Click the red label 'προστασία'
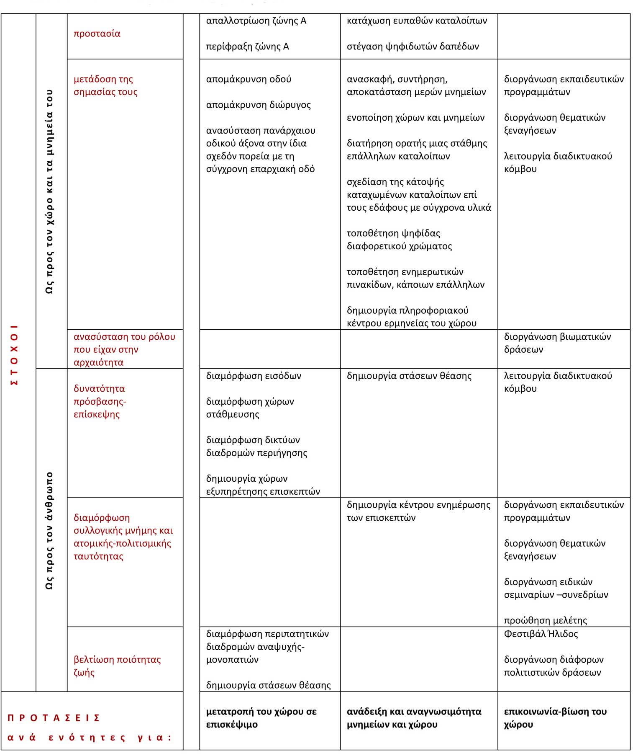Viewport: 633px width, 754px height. (x=97, y=34)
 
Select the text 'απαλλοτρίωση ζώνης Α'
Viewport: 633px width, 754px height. (x=256, y=21)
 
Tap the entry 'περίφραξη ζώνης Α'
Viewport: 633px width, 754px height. (x=247, y=46)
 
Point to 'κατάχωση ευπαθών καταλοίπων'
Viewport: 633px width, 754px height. (x=417, y=21)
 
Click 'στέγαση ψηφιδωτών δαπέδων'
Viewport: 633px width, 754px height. (x=413, y=46)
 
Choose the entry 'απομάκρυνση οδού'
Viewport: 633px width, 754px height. (x=249, y=79)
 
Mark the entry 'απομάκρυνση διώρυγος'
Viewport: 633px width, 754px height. (x=258, y=105)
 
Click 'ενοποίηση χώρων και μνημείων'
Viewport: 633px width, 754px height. (x=415, y=118)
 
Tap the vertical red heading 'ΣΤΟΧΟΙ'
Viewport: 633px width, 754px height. (x=14, y=354)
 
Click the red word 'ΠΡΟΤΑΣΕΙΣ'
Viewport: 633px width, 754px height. (x=54, y=718)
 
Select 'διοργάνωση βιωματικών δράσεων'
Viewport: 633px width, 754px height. (x=557, y=343)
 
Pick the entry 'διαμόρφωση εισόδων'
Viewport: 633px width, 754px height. (x=254, y=376)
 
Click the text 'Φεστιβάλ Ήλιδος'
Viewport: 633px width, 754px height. (x=541, y=634)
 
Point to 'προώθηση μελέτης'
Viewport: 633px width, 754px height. (x=545, y=620)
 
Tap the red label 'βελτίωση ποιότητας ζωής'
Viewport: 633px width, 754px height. (x=117, y=666)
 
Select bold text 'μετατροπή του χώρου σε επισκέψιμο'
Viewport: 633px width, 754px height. (x=261, y=718)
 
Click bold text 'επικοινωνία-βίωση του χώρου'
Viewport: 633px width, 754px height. (x=555, y=718)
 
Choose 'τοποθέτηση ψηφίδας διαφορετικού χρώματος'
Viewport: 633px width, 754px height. (x=399, y=240)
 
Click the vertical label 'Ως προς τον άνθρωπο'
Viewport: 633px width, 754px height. (x=49, y=530)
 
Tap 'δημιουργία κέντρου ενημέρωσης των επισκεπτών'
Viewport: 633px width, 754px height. (x=418, y=511)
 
